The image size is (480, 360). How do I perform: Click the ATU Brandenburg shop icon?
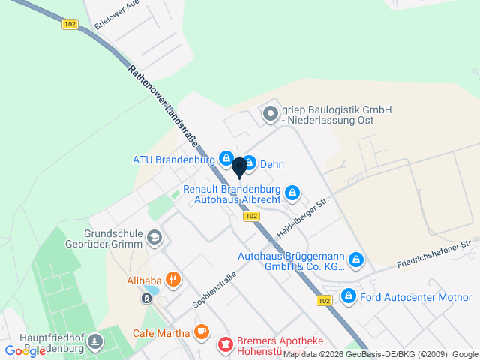(226, 158)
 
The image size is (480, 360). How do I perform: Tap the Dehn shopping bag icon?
(250, 163)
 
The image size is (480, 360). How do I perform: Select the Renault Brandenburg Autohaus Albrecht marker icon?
(293, 193)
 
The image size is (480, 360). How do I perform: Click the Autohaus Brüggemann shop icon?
(357, 260)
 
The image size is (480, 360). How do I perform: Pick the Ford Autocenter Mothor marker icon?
(348, 297)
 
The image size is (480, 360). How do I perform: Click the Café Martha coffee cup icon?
(201, 331)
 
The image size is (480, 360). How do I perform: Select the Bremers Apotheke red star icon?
(224, 345)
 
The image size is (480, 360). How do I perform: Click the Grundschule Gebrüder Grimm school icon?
(154, 238)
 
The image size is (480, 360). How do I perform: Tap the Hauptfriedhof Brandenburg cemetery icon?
(95, 343)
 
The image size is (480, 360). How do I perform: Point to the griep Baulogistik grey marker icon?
(269, 115)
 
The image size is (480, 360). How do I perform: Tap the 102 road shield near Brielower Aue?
(70, 24)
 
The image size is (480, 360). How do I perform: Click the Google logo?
(25, 350)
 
